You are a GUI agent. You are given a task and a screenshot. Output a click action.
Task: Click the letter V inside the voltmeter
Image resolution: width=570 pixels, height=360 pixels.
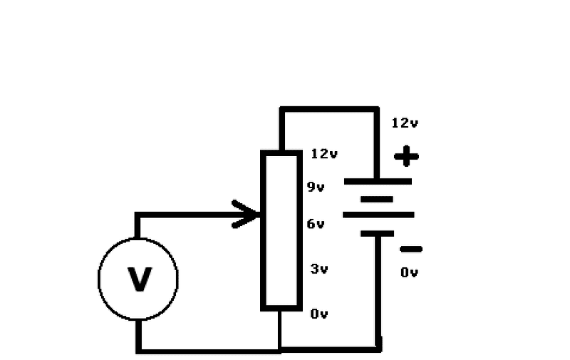(x=139, y=279)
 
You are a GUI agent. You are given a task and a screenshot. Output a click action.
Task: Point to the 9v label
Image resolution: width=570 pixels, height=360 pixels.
(x=316, y=187)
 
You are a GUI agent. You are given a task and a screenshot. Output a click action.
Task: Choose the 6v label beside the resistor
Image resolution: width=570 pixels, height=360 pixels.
(x=316, y=224)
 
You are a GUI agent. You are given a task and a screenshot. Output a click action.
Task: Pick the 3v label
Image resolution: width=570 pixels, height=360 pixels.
(x=318, y=269)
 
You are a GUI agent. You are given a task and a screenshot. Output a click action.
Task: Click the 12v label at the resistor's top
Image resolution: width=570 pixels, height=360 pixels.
(x=324, y=153)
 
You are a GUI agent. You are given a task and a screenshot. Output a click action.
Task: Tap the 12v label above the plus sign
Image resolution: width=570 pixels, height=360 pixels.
(x=405, y=123)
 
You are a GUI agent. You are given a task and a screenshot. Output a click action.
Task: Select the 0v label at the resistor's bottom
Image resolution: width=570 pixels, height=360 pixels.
(x=318, y=314)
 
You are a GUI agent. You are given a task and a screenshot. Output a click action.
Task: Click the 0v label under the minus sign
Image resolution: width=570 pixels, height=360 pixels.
(x=409, y=272)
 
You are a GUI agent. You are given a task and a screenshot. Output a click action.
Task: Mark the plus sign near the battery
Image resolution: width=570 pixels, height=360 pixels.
(x=406, y=155)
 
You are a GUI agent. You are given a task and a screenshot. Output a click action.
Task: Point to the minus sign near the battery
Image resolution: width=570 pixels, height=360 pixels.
(x=410, y=249)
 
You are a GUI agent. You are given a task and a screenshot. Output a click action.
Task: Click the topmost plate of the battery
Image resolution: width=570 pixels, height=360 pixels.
(x=378, y=181)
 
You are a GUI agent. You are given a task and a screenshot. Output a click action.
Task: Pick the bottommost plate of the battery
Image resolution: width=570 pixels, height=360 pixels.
(x=378, y=232)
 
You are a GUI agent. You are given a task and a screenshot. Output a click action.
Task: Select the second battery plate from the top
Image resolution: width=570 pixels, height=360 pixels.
(x=378, y=199)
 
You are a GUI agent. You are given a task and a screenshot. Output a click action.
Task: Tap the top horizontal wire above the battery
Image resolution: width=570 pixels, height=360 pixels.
(x=328, y=109)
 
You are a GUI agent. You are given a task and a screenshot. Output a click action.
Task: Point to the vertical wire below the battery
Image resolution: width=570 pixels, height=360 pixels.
(x=378, y=292)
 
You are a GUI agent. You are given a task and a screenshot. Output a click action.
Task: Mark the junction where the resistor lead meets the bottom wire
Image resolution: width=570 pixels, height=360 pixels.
(x=280, y=349)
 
